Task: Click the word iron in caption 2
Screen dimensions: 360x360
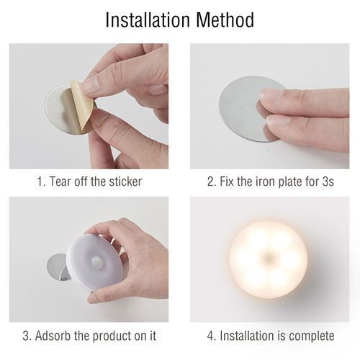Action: [260, 181]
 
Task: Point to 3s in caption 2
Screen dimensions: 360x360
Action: [327, 181]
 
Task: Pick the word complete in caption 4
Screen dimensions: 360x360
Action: [311, 336]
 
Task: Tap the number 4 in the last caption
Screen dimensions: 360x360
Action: [210, 336]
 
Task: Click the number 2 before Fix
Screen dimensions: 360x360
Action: [211, 181]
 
